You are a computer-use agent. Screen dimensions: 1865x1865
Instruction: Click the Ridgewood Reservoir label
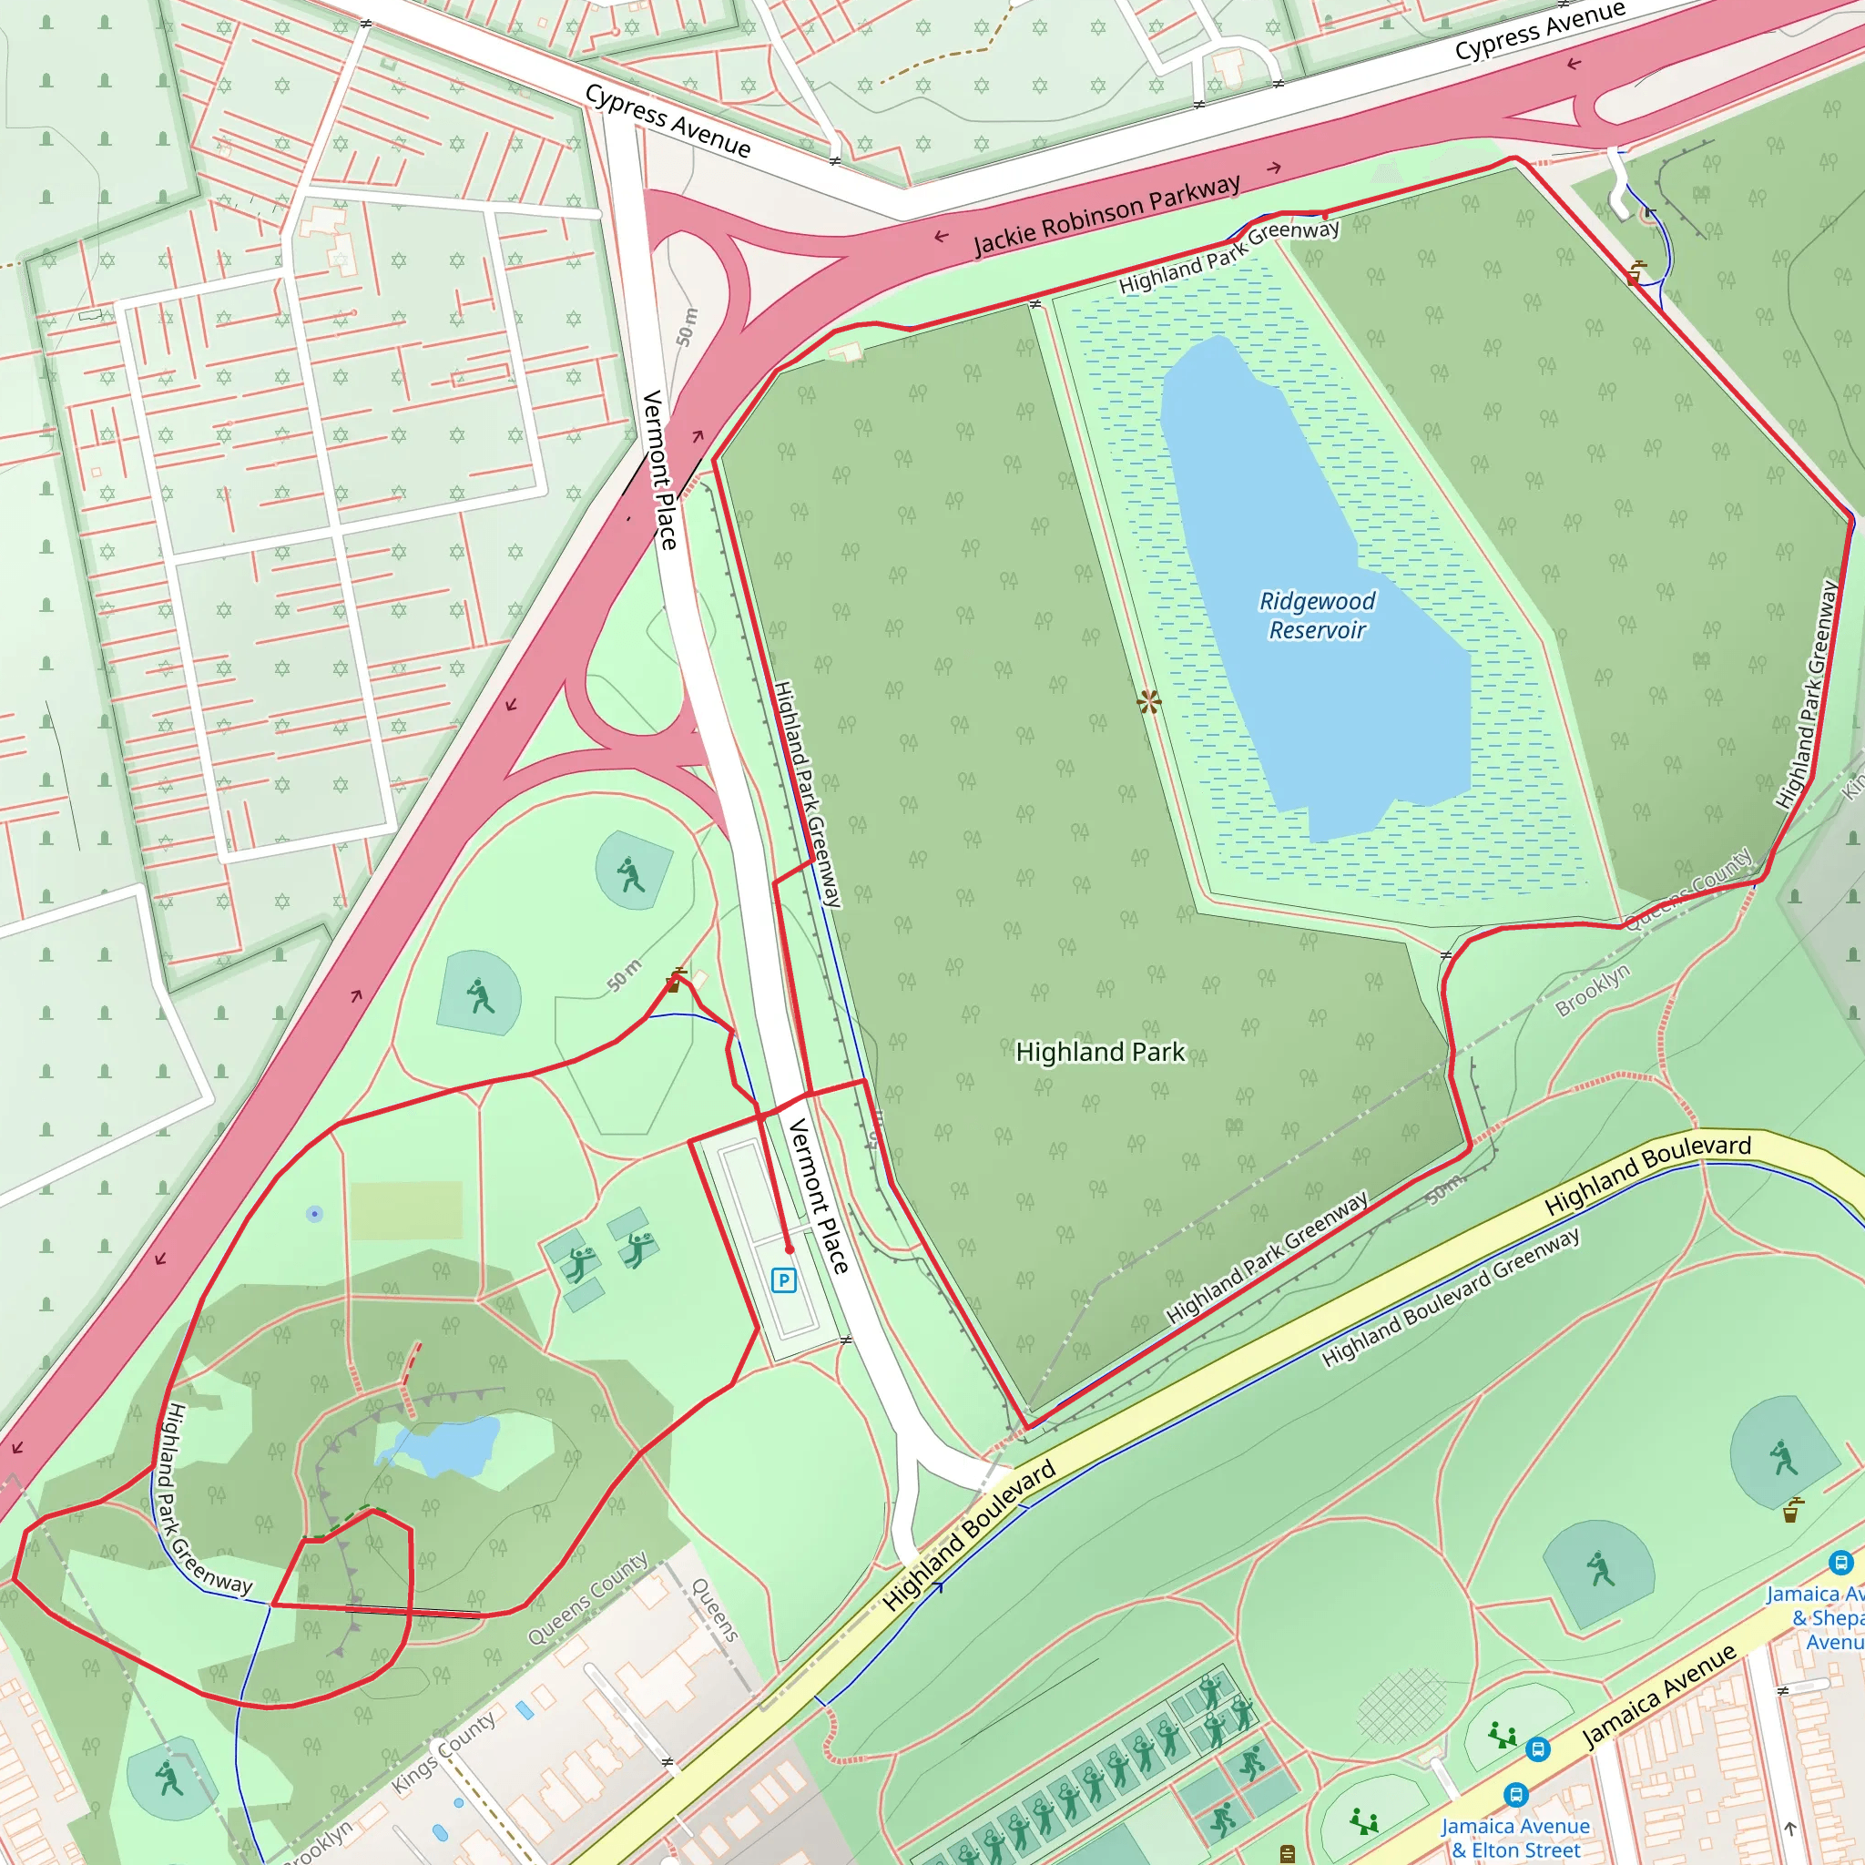[1317, 615]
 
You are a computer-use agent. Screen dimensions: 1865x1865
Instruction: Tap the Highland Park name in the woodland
[1099, 1051]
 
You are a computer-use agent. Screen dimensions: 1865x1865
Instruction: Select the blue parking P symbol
[784, 1281]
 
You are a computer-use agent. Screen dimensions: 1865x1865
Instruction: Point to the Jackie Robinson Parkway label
[1106, 215]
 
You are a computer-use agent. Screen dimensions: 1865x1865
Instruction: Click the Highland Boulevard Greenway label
[1450, 1297]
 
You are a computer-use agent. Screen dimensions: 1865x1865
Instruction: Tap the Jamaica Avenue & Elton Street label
[1515, 1837]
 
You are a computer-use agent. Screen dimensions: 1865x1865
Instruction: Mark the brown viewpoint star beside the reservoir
[1148, 702]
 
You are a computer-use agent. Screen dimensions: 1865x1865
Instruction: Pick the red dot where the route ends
[789, 1249]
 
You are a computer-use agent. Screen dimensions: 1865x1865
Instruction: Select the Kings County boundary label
[444, 1753]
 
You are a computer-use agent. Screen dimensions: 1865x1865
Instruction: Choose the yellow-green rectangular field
[405, 1209]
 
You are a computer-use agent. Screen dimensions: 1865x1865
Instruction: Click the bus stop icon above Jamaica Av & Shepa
[1840, 1561]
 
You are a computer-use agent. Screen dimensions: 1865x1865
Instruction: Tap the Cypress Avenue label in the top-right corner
[1539, 30]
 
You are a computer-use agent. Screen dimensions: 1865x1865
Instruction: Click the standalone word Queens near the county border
[715, 1609]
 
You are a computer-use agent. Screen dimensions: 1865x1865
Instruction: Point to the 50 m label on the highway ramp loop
[686, 327]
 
